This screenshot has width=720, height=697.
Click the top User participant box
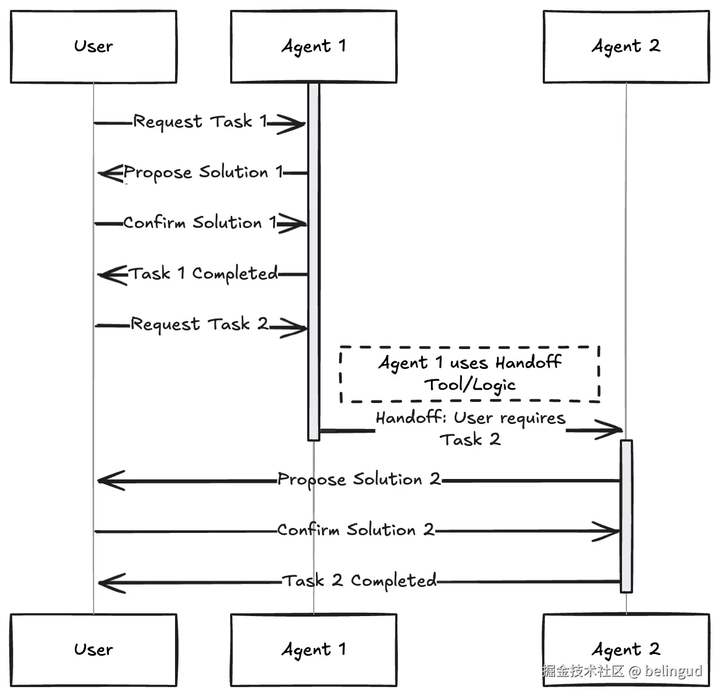pyautogui.click(x=94, y=47)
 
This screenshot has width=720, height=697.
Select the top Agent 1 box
pyautogui.click(x=313, y=47)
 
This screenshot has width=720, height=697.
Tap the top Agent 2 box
pyautogui.click(x=626, y=47)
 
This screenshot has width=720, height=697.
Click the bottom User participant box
pyautogui.click(x=94, y=650)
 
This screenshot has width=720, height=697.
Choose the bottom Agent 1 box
pyautogui.click(x=313, y=650)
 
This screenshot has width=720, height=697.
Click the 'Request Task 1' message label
pyautogui.click(x=200, y=122)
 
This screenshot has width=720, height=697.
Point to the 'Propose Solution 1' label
pyautogui.click(x=203, y=172)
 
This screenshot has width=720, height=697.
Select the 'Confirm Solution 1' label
pyautogui.click(x=199, y=223)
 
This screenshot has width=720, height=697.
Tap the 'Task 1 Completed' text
pyautogui.click(x=203, y=274)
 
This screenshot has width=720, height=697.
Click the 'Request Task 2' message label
pyautogui.click(x=199, y=324)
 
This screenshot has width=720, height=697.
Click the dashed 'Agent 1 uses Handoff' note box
pyautogui.click(x=470, y=374)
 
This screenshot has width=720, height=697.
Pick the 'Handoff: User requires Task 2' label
pyautogui.click(x=471, y=428)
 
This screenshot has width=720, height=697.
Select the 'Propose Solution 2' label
pyautogui.click(x=359, y=480)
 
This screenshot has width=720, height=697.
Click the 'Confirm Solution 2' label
pyautogui.click(x=356, y=530)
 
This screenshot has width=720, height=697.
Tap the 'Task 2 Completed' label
pyautogui.click(x=359, y=581)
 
